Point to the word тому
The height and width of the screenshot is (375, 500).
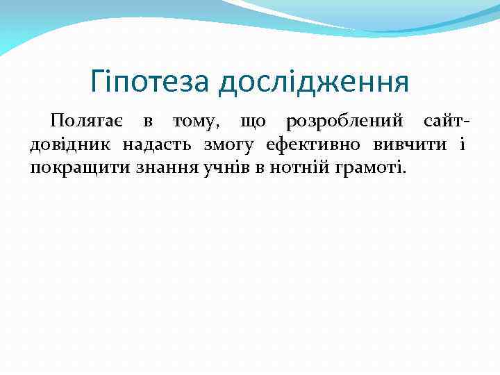(x=197, y=122)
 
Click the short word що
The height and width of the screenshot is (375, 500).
(x=253, y=123)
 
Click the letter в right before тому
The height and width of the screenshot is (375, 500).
(x=147, y=123)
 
